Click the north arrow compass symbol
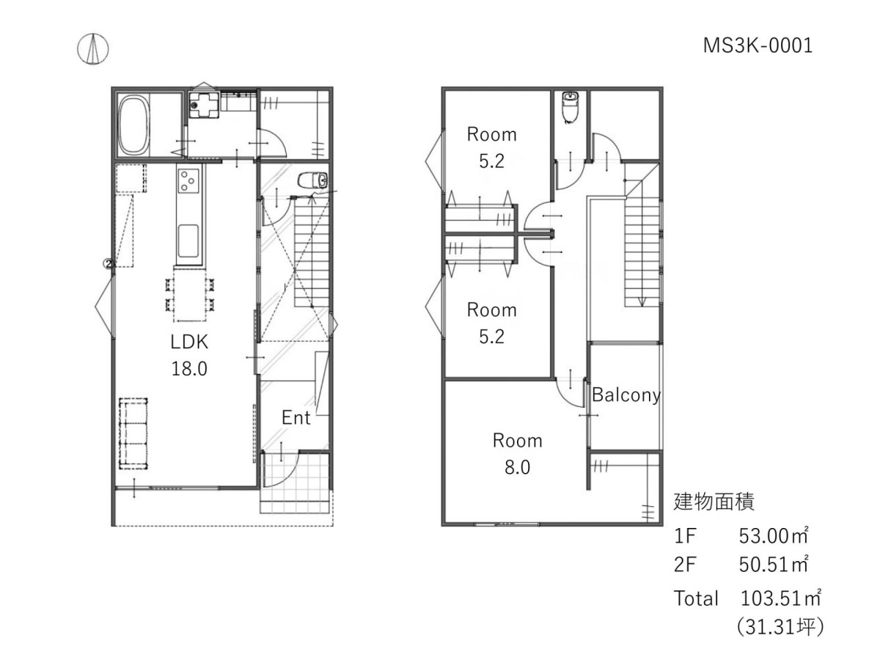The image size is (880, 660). coord(92,49)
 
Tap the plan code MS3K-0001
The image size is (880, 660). coord(758,45)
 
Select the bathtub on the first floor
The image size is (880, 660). coord(134,125)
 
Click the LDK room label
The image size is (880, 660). coord(189,342)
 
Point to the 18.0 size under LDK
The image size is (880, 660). coord(189,369)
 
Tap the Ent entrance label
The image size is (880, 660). coord(296,418)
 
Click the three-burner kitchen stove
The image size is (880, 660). coord(188,180)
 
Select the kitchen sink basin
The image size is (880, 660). coord(188,241)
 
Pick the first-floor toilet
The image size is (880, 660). coord(312,180)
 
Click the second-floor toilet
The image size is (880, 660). coord(569,107)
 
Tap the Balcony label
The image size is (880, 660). coord(626,395)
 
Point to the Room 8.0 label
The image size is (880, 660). coord(517,454)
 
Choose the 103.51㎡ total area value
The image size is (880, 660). coord(780,598)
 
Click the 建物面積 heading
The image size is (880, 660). coord(714,502)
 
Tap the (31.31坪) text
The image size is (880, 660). coord(780,627)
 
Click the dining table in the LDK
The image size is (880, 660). coord(190,295)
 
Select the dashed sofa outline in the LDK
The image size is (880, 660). coord(133,433)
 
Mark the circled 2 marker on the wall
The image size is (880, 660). coord(109,264)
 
